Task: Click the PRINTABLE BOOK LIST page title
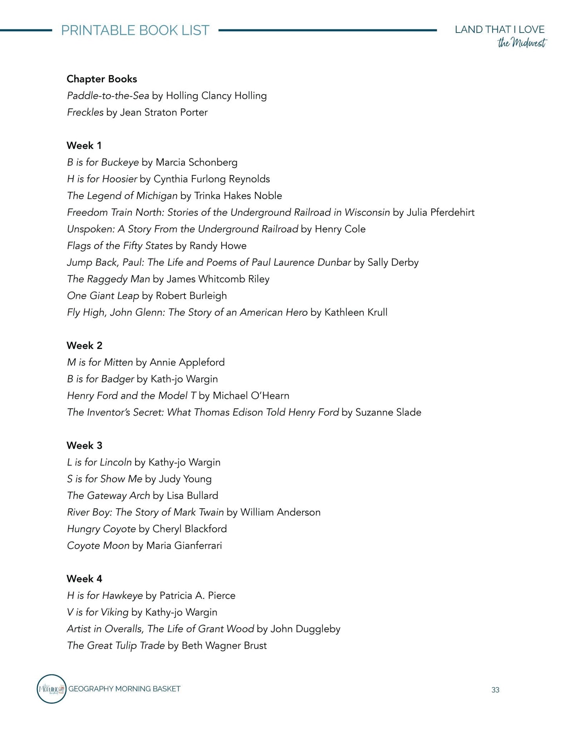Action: [x=135, y=31]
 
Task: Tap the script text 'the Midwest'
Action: [x=522, y=43]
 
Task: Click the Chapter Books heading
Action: [x=102, y=79]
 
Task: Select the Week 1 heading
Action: [x=84, y=146]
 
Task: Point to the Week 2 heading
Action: [x=84, y=346]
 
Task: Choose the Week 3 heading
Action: [x=84, y=446]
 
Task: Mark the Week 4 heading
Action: [x=84, y=579]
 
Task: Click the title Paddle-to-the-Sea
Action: [x=108, y=96]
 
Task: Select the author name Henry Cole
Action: [x=340, y=229]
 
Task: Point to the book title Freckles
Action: [x=85, y=113]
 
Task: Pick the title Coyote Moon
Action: [x=98, y=546]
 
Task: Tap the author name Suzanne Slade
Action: [x=388, y=412]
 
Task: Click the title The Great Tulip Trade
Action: [x=116, y=646]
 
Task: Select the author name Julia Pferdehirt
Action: [x=440, y=213]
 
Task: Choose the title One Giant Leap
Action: [x=103, y=296]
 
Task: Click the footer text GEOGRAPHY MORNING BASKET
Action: [x=124, y=689]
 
